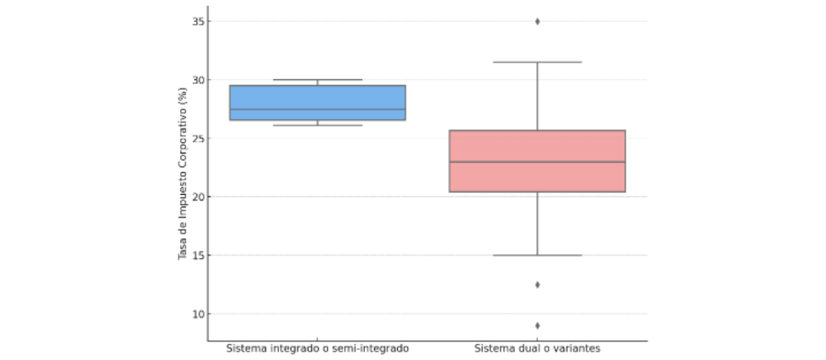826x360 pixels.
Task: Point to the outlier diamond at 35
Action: coord(537,21)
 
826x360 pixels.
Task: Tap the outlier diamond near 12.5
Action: coord(537,285)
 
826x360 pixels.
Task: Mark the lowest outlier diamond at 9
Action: coord(537,325)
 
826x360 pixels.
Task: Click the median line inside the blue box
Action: coord(317,110)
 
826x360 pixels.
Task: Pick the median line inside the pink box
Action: coord(537,162)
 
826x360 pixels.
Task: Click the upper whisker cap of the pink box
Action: coord(537,62)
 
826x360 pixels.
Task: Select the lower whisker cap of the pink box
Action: coord(537,255)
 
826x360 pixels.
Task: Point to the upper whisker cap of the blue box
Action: coord(317,80)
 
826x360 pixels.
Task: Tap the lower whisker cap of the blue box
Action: coord(317,125)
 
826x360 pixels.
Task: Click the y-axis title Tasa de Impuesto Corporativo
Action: coord(182,173)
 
